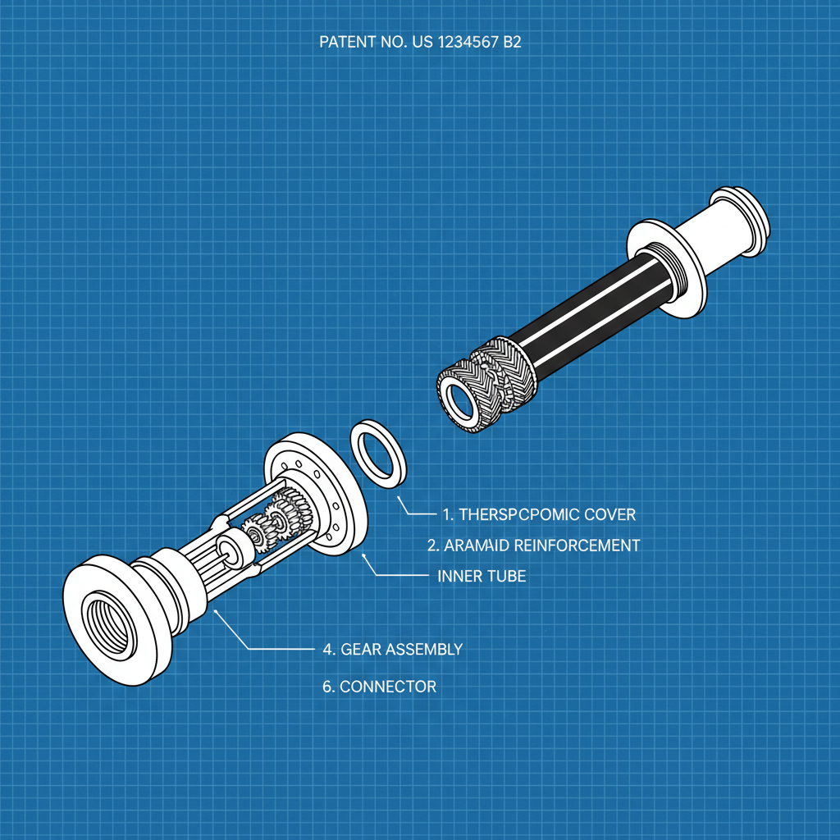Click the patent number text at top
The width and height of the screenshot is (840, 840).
click(x=419, y=43)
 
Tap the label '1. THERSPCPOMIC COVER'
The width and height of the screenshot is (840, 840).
click(x=538, y=514)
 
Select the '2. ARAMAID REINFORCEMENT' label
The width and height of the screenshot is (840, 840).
click(x=533, y=545)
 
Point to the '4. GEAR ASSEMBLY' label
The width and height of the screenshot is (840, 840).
click(x=392, y=649)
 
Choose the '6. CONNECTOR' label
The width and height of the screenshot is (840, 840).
click(x=379, y=687)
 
